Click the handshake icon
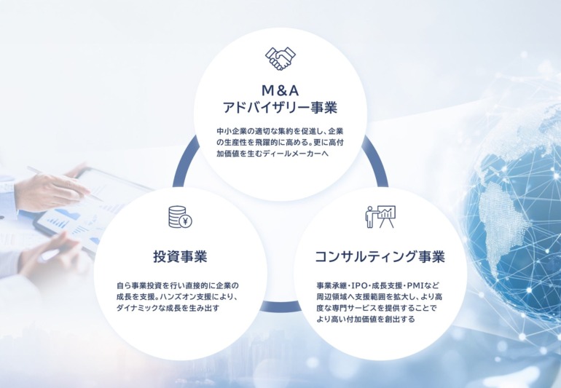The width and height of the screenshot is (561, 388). coord(280,58)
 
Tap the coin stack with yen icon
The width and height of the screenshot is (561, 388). coord(181,217)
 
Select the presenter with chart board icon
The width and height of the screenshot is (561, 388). coord(380,217)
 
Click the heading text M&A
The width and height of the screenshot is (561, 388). coord(280,91)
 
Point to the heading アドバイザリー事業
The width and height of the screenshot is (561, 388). coord(280,107)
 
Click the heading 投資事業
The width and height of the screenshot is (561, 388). coord(181,257)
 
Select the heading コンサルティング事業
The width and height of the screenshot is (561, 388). coord(380,257)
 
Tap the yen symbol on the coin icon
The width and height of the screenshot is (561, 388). coord(185,221)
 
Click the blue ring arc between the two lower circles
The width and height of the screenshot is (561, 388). coord(280,306)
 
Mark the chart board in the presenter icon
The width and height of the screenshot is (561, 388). coord(387,213)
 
